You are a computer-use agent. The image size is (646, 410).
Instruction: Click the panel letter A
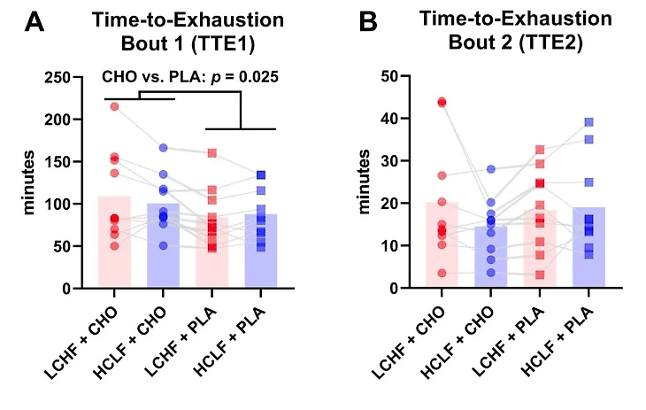tap(35, 22)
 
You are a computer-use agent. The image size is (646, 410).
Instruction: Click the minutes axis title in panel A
tap(28, 183)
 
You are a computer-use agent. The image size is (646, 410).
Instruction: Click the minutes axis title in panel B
tap(363, 183)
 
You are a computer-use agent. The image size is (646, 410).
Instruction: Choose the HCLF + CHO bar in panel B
tap(490, 257)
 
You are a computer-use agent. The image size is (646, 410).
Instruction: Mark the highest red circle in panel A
tap(114, 106)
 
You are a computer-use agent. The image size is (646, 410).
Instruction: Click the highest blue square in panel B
tap(588, 122)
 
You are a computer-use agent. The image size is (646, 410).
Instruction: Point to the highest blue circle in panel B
tap(490, 169)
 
